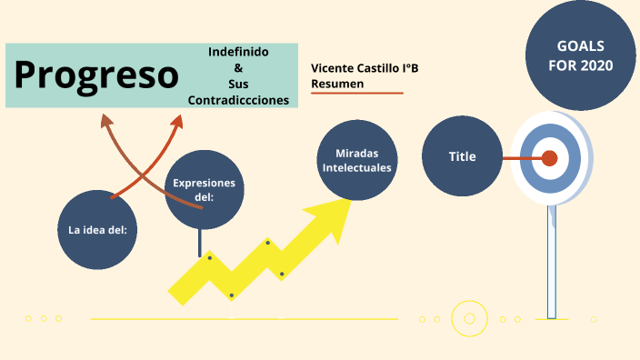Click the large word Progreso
96,75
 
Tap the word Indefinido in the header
238,52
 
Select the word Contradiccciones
238,100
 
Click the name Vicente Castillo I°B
365,68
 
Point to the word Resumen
337,84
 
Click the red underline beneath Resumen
356,94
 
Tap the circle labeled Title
463,156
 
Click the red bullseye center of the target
549,158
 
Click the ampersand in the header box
238,68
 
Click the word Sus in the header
238,84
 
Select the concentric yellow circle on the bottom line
469,318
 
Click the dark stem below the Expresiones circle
199,242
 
